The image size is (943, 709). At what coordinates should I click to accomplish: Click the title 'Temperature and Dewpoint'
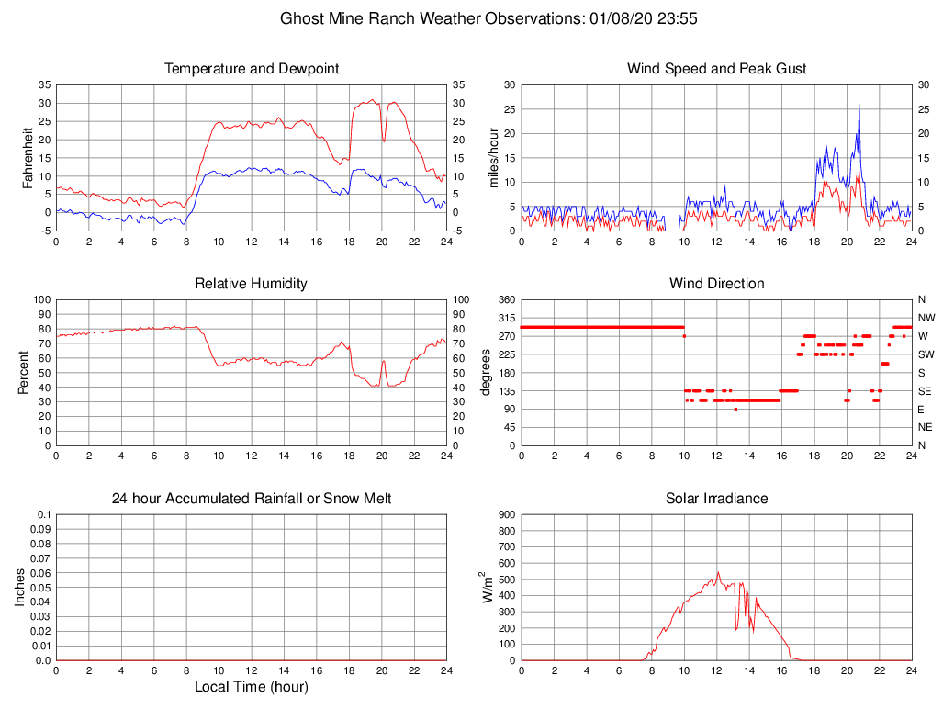pos(252,69)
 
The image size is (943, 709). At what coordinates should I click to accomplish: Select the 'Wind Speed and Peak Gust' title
pos(716,69)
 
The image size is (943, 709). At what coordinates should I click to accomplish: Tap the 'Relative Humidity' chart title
pos(251,284)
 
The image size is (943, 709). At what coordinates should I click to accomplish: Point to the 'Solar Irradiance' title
pos(716,499)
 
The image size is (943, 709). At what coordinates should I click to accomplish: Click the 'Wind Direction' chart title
pos(716,284)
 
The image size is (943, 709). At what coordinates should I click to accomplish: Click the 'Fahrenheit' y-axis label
pos(28,158)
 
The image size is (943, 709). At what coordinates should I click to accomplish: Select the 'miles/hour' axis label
pos(493,158)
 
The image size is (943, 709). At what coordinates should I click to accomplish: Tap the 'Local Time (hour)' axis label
pos(251,687)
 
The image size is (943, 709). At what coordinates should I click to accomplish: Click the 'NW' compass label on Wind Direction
pos(926,318)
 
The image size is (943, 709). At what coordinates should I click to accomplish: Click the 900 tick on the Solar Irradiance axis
pos(504,515)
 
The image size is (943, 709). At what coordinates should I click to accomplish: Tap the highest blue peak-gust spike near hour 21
pos(859,105)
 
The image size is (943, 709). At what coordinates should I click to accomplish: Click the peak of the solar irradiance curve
pos(718,572)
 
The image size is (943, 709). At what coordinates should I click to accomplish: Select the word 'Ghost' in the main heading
pos(301,18)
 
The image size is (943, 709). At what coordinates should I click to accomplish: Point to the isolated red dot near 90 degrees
pos(735,409)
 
